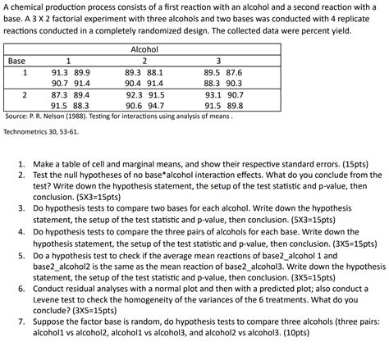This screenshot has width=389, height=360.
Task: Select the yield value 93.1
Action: point(212,95)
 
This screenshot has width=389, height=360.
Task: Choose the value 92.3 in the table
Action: point(134,95)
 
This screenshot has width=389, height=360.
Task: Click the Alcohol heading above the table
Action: point(144,50)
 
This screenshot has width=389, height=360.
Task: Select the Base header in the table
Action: point(16,61)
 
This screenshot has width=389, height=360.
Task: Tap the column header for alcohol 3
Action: point(217,61)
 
